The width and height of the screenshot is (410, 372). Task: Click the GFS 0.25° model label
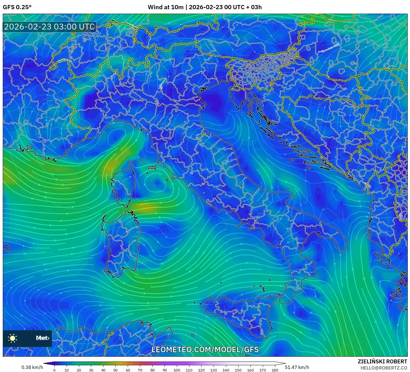tap(17, 7)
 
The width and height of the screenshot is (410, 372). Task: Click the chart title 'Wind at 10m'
tap(166, 7)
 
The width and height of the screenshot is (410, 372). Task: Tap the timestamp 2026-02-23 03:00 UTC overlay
tap(49, 27)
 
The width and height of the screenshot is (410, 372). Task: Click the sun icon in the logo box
tap(13, 338)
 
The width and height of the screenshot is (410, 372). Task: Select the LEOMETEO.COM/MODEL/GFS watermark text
tap(205, 349)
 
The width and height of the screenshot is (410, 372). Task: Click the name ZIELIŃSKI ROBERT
tap(382, 361)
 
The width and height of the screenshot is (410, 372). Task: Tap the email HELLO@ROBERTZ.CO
tap(384, 368)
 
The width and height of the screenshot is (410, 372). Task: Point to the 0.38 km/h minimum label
tap(32, 367)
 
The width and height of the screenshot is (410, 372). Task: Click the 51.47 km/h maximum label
tap(297, 367)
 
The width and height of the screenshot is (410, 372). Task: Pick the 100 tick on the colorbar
tap(177, 370)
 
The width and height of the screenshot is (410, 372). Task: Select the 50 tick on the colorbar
tap(115, 370)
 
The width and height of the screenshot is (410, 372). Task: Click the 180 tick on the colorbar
tap(275, 370)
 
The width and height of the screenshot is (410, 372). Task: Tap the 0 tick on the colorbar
tap(54, 370)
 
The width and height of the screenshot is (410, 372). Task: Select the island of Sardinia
tap(121, 242)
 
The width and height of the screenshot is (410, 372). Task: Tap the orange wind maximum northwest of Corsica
tap(110, 168)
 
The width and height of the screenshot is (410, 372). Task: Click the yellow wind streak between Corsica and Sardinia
tap(145, 207)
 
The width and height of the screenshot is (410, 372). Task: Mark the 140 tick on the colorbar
tap(226, 370)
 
